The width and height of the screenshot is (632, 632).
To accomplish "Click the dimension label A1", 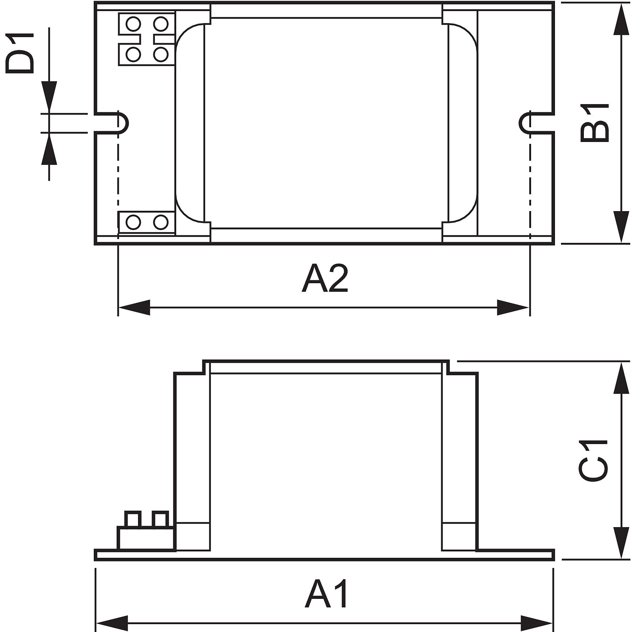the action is (x=326, y=594).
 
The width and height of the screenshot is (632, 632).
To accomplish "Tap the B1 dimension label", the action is (x=595, y=123).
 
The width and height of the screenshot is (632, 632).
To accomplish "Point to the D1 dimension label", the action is (x=20, y=53).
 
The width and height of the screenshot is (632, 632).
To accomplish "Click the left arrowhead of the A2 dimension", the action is (x=134, y=307).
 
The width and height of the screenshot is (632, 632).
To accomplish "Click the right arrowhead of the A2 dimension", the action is (x=513, y=307).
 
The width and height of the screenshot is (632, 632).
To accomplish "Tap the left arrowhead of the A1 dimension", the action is (x=112, y=623).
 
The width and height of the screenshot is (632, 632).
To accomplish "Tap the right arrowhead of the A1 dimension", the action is (x=537, y=623).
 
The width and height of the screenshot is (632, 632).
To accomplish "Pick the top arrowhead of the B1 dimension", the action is (x=621, y=20).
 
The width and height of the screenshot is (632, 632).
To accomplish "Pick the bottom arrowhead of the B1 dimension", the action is (x=621, y=227).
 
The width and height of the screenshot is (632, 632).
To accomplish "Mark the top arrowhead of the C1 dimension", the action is (x=621, y=378).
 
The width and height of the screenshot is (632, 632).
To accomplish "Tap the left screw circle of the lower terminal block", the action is (x=133, y=222).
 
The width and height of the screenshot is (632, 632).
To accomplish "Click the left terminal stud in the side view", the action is (x=132, y=519).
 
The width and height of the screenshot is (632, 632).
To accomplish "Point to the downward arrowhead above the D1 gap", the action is (x=49, y=97).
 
